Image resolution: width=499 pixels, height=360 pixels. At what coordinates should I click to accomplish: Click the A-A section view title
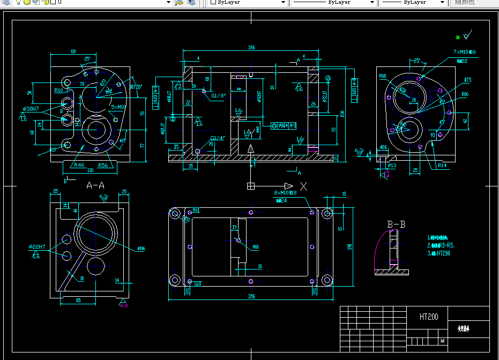[x=95, y=185]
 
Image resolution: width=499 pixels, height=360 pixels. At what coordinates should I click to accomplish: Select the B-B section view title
[x=396, y=224]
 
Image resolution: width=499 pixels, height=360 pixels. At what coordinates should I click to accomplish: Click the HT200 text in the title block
[x=429, y=317]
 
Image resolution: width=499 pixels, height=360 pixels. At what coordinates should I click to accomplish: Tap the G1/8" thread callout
[x=218, y=95]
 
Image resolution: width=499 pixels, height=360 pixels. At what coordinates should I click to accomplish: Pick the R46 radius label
[x=79, y=165]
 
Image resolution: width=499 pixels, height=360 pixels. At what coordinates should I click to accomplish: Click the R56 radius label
[x=103, y=165]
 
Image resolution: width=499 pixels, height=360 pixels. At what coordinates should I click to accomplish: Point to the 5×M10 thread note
[x=118, y=107]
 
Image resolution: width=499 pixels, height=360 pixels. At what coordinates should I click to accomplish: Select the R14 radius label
[x=442, y=166]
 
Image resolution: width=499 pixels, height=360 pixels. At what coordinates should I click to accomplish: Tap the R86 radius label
[x=465, y=94]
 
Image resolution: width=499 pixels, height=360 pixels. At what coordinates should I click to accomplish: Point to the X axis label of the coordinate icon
[x=303, y=186]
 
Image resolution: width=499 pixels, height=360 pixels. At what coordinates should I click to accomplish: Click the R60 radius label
[x=383, y=76]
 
